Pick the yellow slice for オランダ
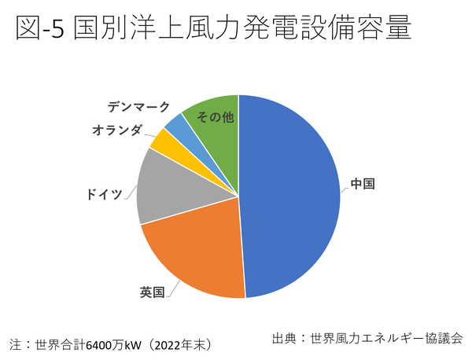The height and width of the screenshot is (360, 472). pos(163,141)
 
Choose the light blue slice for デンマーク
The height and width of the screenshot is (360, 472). pos(175,125)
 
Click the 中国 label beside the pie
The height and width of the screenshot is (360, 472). pos(362,185)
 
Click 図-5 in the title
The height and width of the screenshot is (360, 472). pos(39,29)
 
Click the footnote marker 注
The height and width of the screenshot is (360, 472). pos(14,344)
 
